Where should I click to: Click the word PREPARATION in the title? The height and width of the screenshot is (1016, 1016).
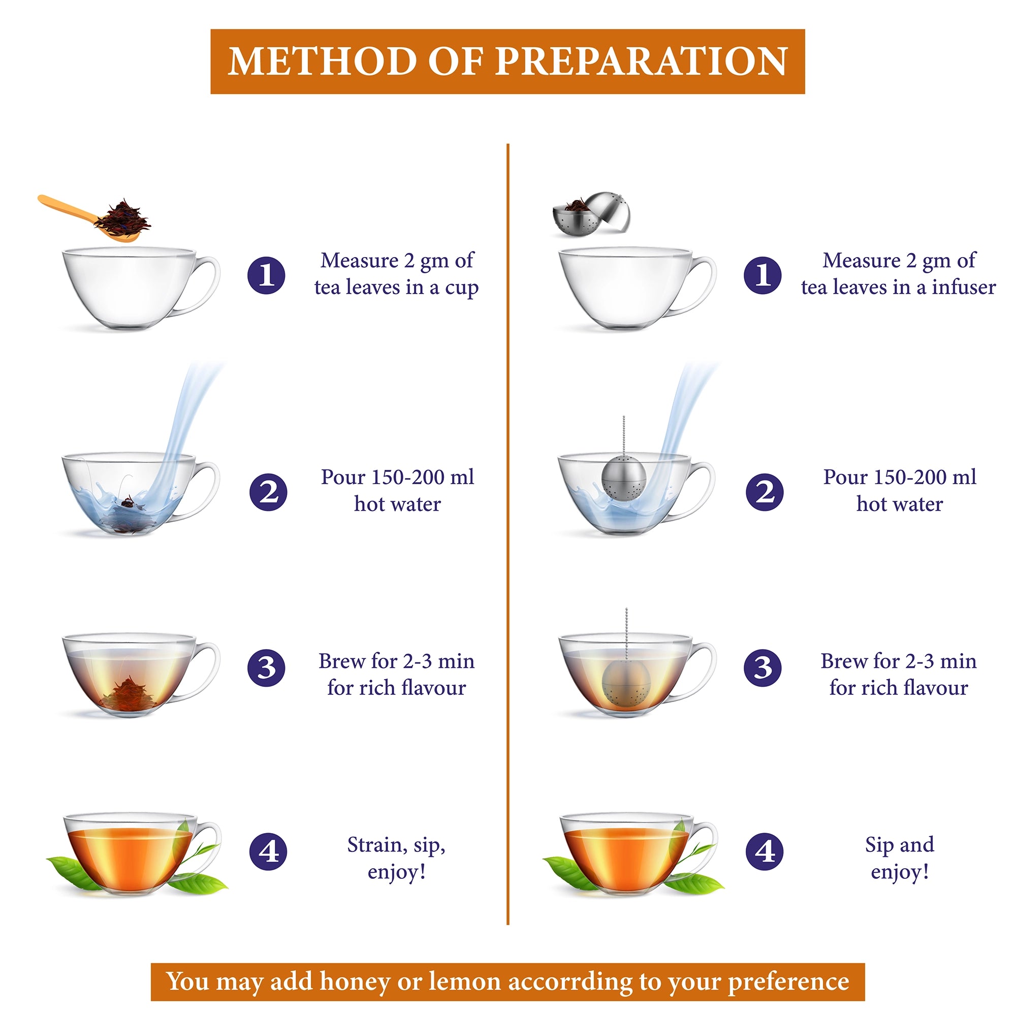point(641,61)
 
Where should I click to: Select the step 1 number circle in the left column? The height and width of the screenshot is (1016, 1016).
point(267,275)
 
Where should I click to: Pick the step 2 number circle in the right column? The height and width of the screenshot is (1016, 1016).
point(765,492)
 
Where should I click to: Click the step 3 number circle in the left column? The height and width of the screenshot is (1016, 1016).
point(267,668)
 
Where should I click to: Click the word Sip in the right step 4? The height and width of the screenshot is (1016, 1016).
point(879,845)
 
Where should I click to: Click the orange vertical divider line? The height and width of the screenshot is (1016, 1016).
point(508,534)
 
